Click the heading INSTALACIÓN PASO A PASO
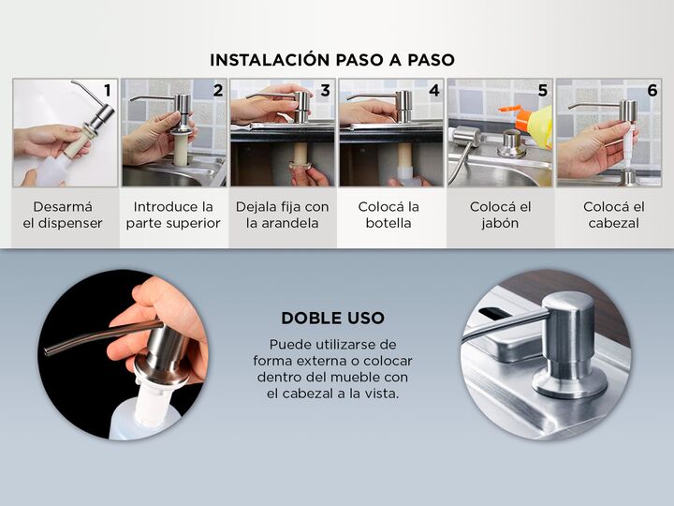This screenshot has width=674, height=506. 332,60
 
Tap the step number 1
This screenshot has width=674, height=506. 108,90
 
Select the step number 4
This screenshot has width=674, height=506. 434,90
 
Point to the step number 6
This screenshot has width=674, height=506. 652,90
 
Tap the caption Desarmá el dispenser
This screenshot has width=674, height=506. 63,215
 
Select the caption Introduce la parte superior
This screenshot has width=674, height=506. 173,215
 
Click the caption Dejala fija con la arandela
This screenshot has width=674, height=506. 283,215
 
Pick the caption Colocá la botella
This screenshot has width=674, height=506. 388,215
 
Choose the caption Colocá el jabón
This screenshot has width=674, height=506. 500,215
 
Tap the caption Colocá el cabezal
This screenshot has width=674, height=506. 614,215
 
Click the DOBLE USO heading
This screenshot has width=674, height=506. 332,318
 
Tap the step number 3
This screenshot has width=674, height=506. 326,90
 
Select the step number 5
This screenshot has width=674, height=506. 543,90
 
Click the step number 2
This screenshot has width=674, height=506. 218,90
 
